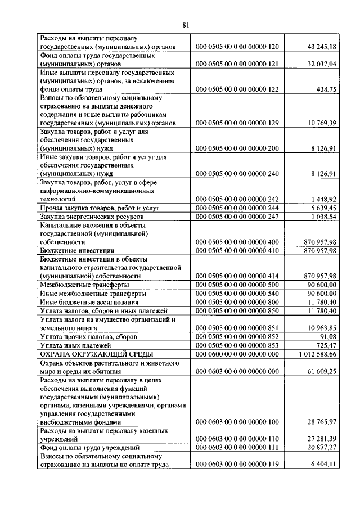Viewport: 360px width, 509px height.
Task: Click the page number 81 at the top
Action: tap(186, 24)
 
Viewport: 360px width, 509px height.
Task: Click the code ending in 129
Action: tap(237, 123)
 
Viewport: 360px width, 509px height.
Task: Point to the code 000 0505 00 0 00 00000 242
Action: tap(237, 199)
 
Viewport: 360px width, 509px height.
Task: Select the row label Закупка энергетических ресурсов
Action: tap(92, 216)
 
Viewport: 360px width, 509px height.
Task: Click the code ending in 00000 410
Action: tap(237, 250)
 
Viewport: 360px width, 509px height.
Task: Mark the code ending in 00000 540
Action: tap(237, 293)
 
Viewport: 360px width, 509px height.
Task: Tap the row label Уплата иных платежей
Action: tap(75, 345)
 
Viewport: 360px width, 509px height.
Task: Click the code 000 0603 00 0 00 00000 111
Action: tap(237, 447)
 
